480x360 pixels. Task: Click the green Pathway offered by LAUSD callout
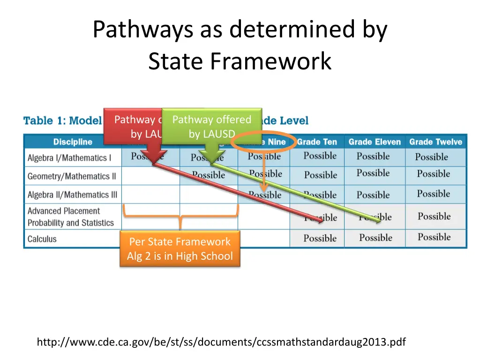click(x=212, y=126)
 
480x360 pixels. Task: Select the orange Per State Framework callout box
click(x=180, y=248)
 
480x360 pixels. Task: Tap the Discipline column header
click(x=73, y=142)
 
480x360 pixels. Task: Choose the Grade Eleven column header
click(x=375, y=142)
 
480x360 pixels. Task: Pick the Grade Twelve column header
click(x=435, y=142)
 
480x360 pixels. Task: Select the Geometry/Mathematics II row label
click(x=72, y=176)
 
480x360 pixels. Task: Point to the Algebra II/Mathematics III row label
click(x=73, y=195)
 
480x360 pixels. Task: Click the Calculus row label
click(x=42, y=239)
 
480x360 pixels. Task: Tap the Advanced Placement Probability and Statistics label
click(x=71, y=217)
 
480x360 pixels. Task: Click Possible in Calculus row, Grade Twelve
click(x=435, y=237)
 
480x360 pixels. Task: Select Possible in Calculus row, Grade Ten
click(x=320, y=238)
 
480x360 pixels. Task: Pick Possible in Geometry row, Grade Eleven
click(x=373, y=173)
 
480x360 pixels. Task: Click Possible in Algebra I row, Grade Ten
click(x=320, y=156)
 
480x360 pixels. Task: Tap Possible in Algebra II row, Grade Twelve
click(x=434, y=194)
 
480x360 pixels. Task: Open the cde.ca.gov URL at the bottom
click(x=221, y=342)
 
